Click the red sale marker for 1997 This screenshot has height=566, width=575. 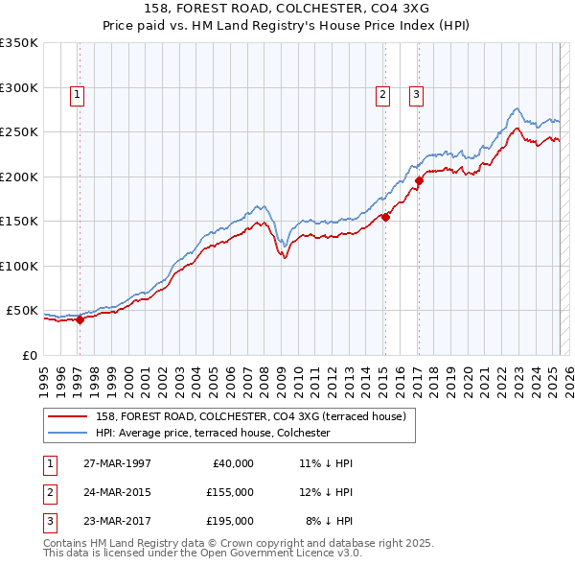pos(80,320)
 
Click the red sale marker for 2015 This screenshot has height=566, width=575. pos(385,217)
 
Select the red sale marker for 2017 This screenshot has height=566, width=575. pos(419,179)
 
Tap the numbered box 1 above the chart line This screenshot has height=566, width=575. pos(77,94)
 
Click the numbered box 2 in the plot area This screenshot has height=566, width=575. pos(382,94)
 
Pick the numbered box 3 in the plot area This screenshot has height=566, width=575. pos(417,94)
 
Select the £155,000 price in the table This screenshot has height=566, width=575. pos(230,492)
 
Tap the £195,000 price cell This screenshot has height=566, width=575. pos(230,521)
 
